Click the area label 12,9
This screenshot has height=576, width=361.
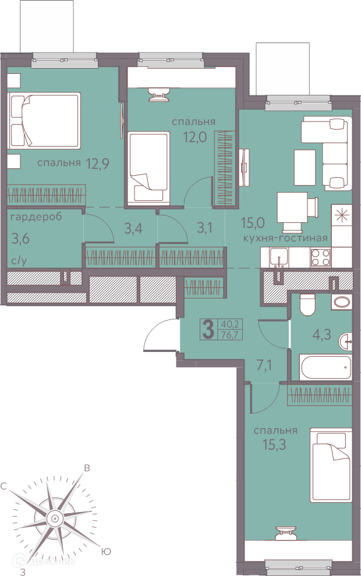[97, 163]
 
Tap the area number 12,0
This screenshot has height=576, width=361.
[195, 137]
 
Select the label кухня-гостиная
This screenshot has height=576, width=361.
[285, 238]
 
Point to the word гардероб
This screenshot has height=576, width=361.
[36, 217]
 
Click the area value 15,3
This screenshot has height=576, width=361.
[274, 445]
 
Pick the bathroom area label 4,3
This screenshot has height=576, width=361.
[321, 335]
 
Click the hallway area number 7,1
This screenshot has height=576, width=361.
[264, 366]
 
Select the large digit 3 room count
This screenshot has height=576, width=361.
[208, 329]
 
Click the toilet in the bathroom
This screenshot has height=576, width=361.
[307, 304]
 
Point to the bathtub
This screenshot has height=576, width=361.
[325, 367]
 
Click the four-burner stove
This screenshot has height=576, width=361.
[321, 257]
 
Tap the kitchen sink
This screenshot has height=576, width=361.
[279, 257]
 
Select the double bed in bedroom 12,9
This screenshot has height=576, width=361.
[44, 120]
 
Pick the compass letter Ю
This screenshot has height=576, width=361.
[105, 552]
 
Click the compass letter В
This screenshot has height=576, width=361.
[87, 468]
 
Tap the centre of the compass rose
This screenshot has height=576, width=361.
[54, 518]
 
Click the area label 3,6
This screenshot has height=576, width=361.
[20, 239]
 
